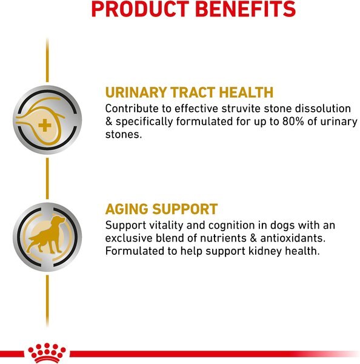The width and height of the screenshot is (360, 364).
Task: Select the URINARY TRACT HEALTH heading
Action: pyautogui.click(x=189, y=93)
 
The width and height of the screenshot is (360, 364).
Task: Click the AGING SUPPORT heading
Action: pyautogui.click(x=161, y=209)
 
